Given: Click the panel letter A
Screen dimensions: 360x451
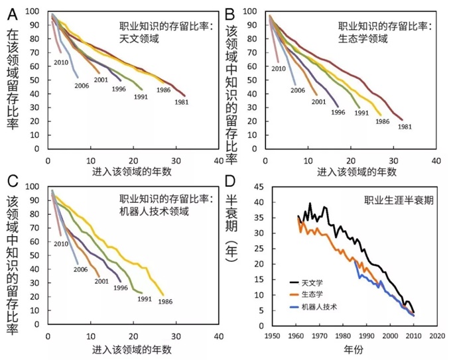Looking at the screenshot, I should tap(13, 12).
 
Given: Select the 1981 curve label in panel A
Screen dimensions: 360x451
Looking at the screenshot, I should tap(182, 103).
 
